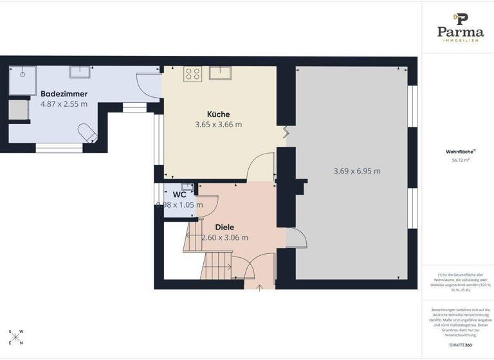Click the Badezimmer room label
click(x=64, y=94)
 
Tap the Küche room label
click(x=218, y=114)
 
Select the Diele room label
click(x=224, y=227)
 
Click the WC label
click(x=179, y=194)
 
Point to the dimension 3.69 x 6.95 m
click(x=357, y=171)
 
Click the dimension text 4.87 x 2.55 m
click(x=64, y=104)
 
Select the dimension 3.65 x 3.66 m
click(x=218, y=125)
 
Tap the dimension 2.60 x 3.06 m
click(x=224, y=237)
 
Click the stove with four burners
click(x=192, y=74)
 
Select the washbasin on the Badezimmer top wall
click(x=79, y=71)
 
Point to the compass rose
click(x=17, y=336)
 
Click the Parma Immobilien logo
click(x=461, y=27)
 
